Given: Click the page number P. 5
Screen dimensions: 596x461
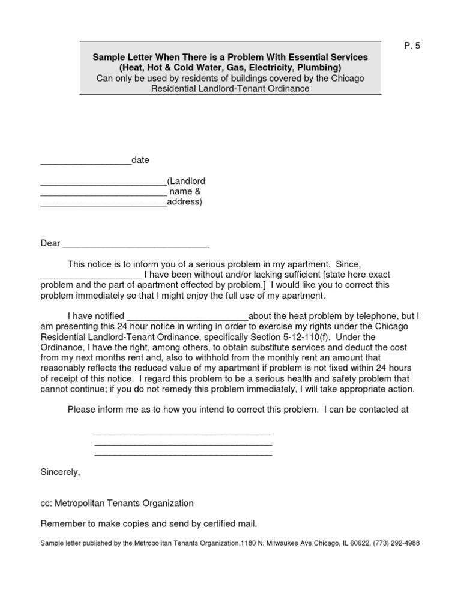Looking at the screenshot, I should tap(412, 46).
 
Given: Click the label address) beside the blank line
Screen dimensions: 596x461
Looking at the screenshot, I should tap(185, 202).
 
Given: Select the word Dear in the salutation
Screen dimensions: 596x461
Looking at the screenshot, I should tap(50, 243).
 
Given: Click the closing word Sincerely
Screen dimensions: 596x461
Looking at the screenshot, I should tap(60, 472).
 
